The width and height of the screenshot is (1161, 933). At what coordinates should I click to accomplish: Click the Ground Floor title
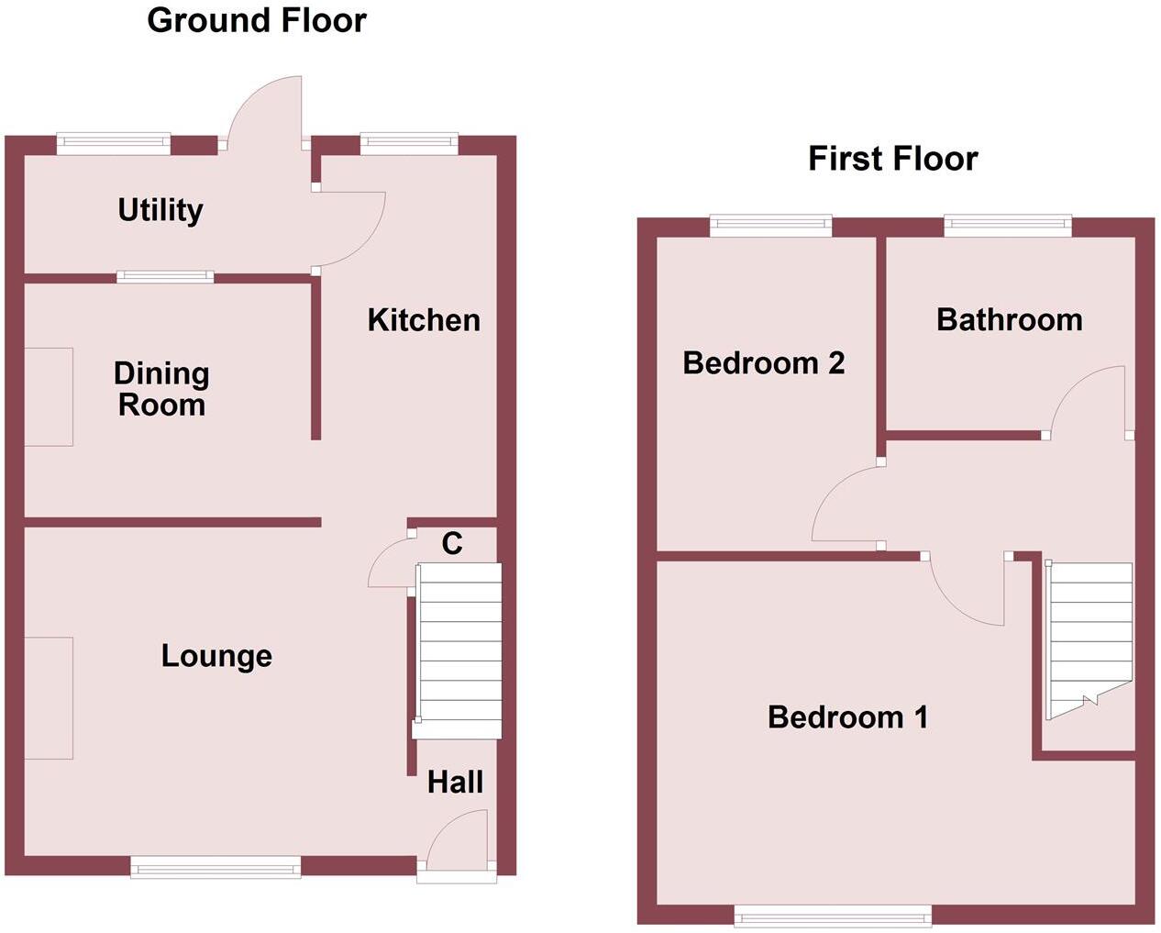(257, 20)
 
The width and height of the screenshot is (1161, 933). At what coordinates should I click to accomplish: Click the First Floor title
(892, 159)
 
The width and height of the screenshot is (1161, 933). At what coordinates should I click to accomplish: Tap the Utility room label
(160, 210)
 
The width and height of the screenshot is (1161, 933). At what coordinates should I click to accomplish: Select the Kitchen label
(424, 320)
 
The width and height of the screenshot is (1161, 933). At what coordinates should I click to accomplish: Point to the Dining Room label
(161, 389)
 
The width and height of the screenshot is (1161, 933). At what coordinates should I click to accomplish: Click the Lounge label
(216, 656)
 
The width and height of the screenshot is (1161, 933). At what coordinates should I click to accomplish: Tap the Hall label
(455, 783)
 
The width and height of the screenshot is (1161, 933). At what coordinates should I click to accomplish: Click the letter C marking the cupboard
(452, 544)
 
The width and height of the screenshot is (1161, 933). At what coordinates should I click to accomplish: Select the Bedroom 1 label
(847, 716)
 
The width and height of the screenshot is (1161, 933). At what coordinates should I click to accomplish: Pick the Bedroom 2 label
(763, 363)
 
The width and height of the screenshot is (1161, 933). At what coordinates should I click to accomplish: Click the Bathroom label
(1009, 320)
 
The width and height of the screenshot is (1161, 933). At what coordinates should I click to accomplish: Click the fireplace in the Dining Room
(48, 396)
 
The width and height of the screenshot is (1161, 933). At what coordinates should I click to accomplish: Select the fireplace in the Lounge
(48, 698)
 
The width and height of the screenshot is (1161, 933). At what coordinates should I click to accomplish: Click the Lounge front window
(216, 867)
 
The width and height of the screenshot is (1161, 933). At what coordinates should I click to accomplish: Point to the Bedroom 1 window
(833, 915)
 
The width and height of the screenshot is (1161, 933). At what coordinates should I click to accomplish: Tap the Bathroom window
(1008, 226)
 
